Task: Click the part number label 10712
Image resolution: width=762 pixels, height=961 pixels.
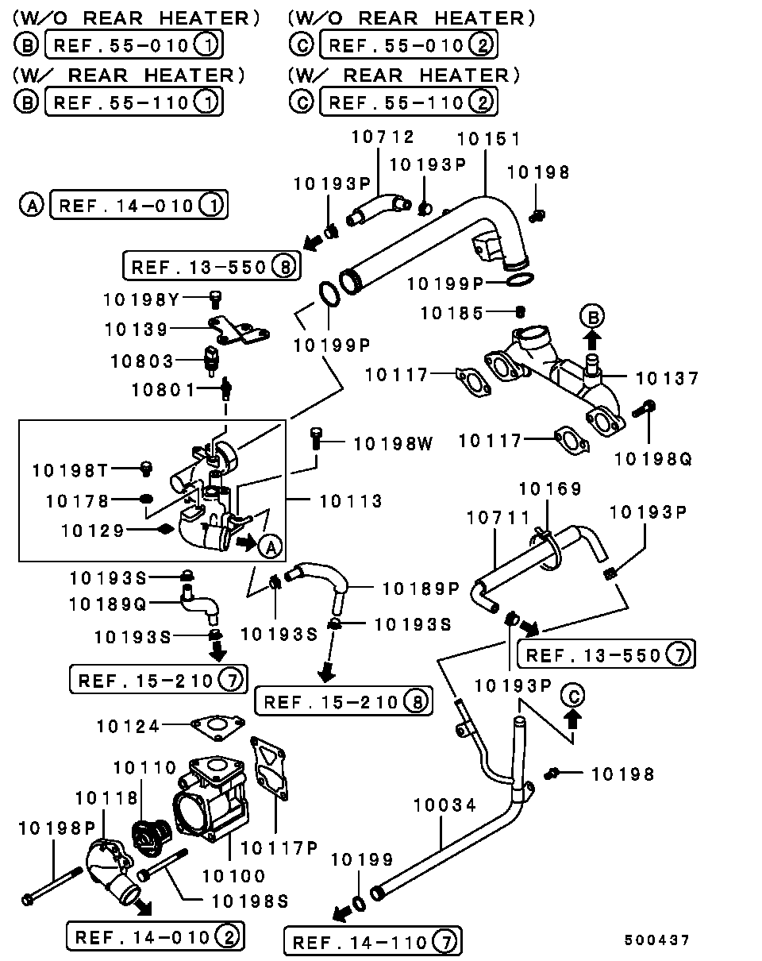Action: (383, 137)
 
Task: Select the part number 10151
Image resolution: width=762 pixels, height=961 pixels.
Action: (488, 139)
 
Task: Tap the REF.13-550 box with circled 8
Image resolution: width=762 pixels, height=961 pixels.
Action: (212, 266)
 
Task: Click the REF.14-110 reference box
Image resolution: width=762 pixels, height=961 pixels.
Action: (372, 943)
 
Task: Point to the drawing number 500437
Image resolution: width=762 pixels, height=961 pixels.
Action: (656, 940)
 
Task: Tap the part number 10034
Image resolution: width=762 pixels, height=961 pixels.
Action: (444, 805)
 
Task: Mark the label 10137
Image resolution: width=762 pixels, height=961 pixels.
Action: (668, 378)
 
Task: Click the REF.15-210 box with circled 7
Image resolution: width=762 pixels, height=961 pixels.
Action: (159, 680)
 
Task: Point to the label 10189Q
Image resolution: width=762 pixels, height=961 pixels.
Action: (108, 604)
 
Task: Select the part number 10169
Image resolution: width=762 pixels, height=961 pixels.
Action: (550, 488)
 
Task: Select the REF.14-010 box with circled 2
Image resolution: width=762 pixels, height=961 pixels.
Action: (155, 936)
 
